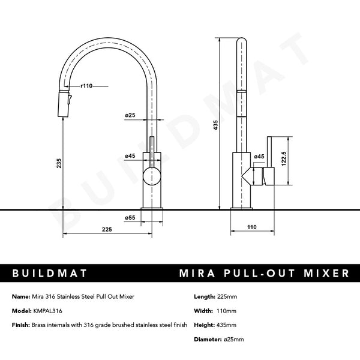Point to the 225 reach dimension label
107,230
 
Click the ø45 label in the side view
259,157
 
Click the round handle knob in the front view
152,177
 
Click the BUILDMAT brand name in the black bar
51,274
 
